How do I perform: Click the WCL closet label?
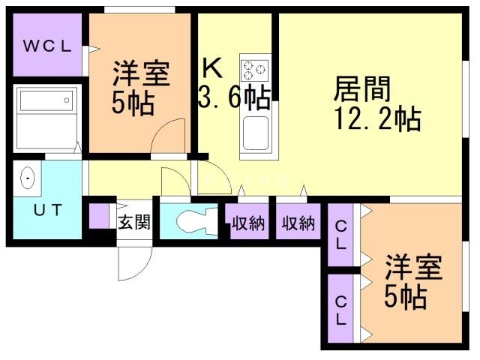pyautogui.click(x=46, y=46)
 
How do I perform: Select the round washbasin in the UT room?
pyautogui.click(x=28, y=178)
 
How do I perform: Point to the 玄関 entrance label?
pyautogui.click(x=134, y=221)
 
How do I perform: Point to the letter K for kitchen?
pyautogui.click(x=212, y=70)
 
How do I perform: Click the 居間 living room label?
pyautogui.click(x=362, y=91)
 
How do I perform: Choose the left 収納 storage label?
pyautogui.click(x=247, y=223)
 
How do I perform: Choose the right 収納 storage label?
pyautogui.click(x=298, y=223)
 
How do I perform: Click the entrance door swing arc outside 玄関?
pyautogui.click(x=135, y=259)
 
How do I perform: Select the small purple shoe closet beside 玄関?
pyautogui.click(x=99, y=214)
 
